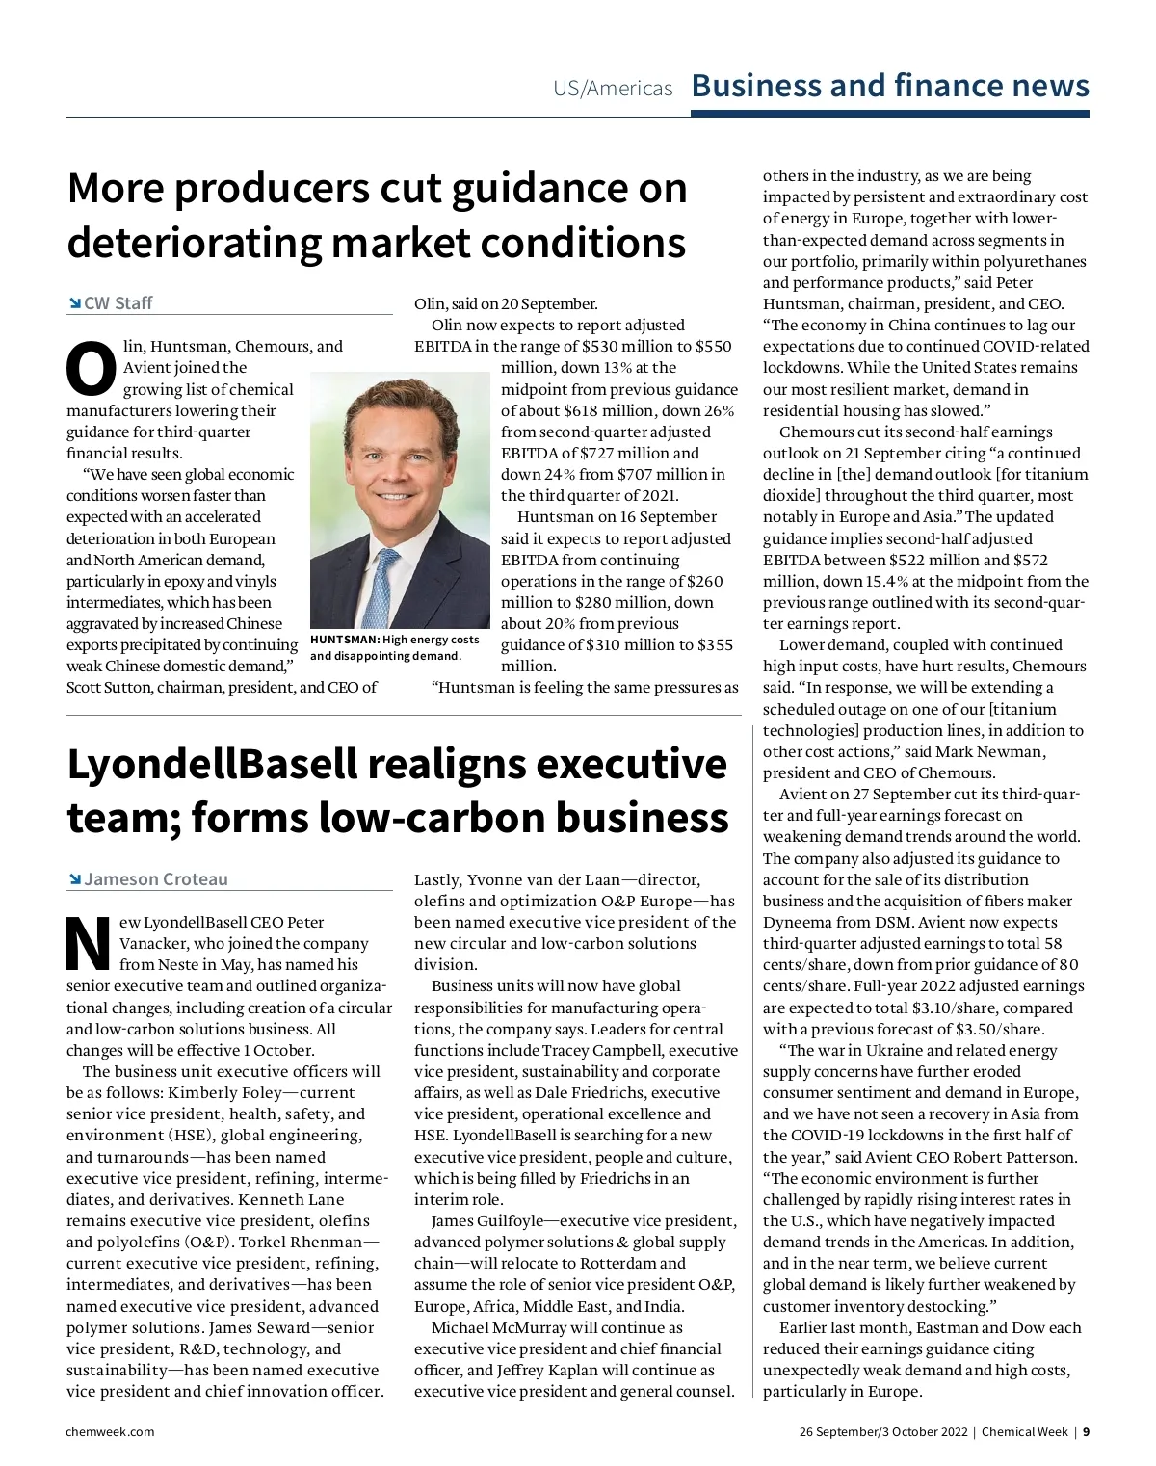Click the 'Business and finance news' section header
pos(890,86)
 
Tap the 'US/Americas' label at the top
pos(613,89)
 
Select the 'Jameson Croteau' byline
pos(156,879)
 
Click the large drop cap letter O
pos(91,369)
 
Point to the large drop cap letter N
pos(89,944)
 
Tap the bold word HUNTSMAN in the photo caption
pos(345,640)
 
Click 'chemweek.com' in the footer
pos(110,1431)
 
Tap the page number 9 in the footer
pos(1086,1431)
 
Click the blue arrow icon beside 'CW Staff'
pos(74,303)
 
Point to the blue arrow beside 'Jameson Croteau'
pos(74,879)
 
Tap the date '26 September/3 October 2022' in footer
pos(882,1431)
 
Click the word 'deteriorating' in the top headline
pos(195,243)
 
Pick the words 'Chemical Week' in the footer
pos(1024,1431)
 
